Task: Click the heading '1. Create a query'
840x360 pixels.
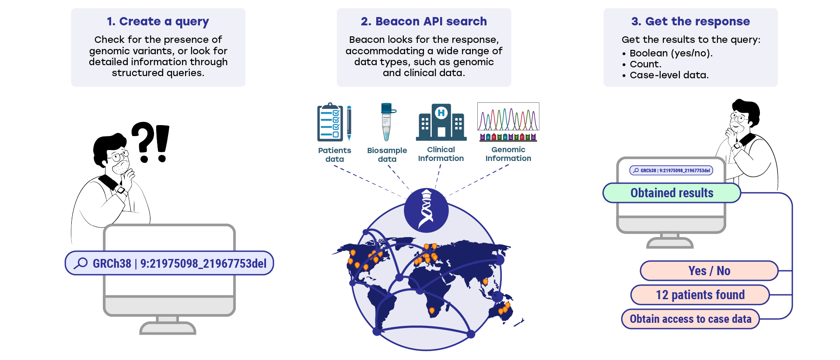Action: pos(158,21)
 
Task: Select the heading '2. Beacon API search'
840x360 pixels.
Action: pos(423,21)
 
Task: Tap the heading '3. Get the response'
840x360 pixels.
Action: pos(690,21)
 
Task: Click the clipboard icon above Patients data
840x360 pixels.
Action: pos(331,122)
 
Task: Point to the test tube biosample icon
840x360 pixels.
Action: pos(387,122)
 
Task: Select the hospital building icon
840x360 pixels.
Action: pos(441,122)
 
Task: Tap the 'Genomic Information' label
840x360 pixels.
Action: pos(508,154)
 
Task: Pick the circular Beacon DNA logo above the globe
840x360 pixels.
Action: pos(426,210)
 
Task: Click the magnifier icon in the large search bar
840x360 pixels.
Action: pos(80,263)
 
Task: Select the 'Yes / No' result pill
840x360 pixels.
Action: pos(709,271)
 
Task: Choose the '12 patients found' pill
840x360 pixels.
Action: pos(700,295)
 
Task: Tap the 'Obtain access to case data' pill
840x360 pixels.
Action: pos(690,319)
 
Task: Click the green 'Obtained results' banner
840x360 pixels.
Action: pos(672,193)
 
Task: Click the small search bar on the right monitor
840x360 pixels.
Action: pos(671,171)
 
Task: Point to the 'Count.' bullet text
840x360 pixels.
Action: pos(645,64)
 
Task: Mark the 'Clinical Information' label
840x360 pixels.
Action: pos(441,154)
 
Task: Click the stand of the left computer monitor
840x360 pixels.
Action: pos(168,325)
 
